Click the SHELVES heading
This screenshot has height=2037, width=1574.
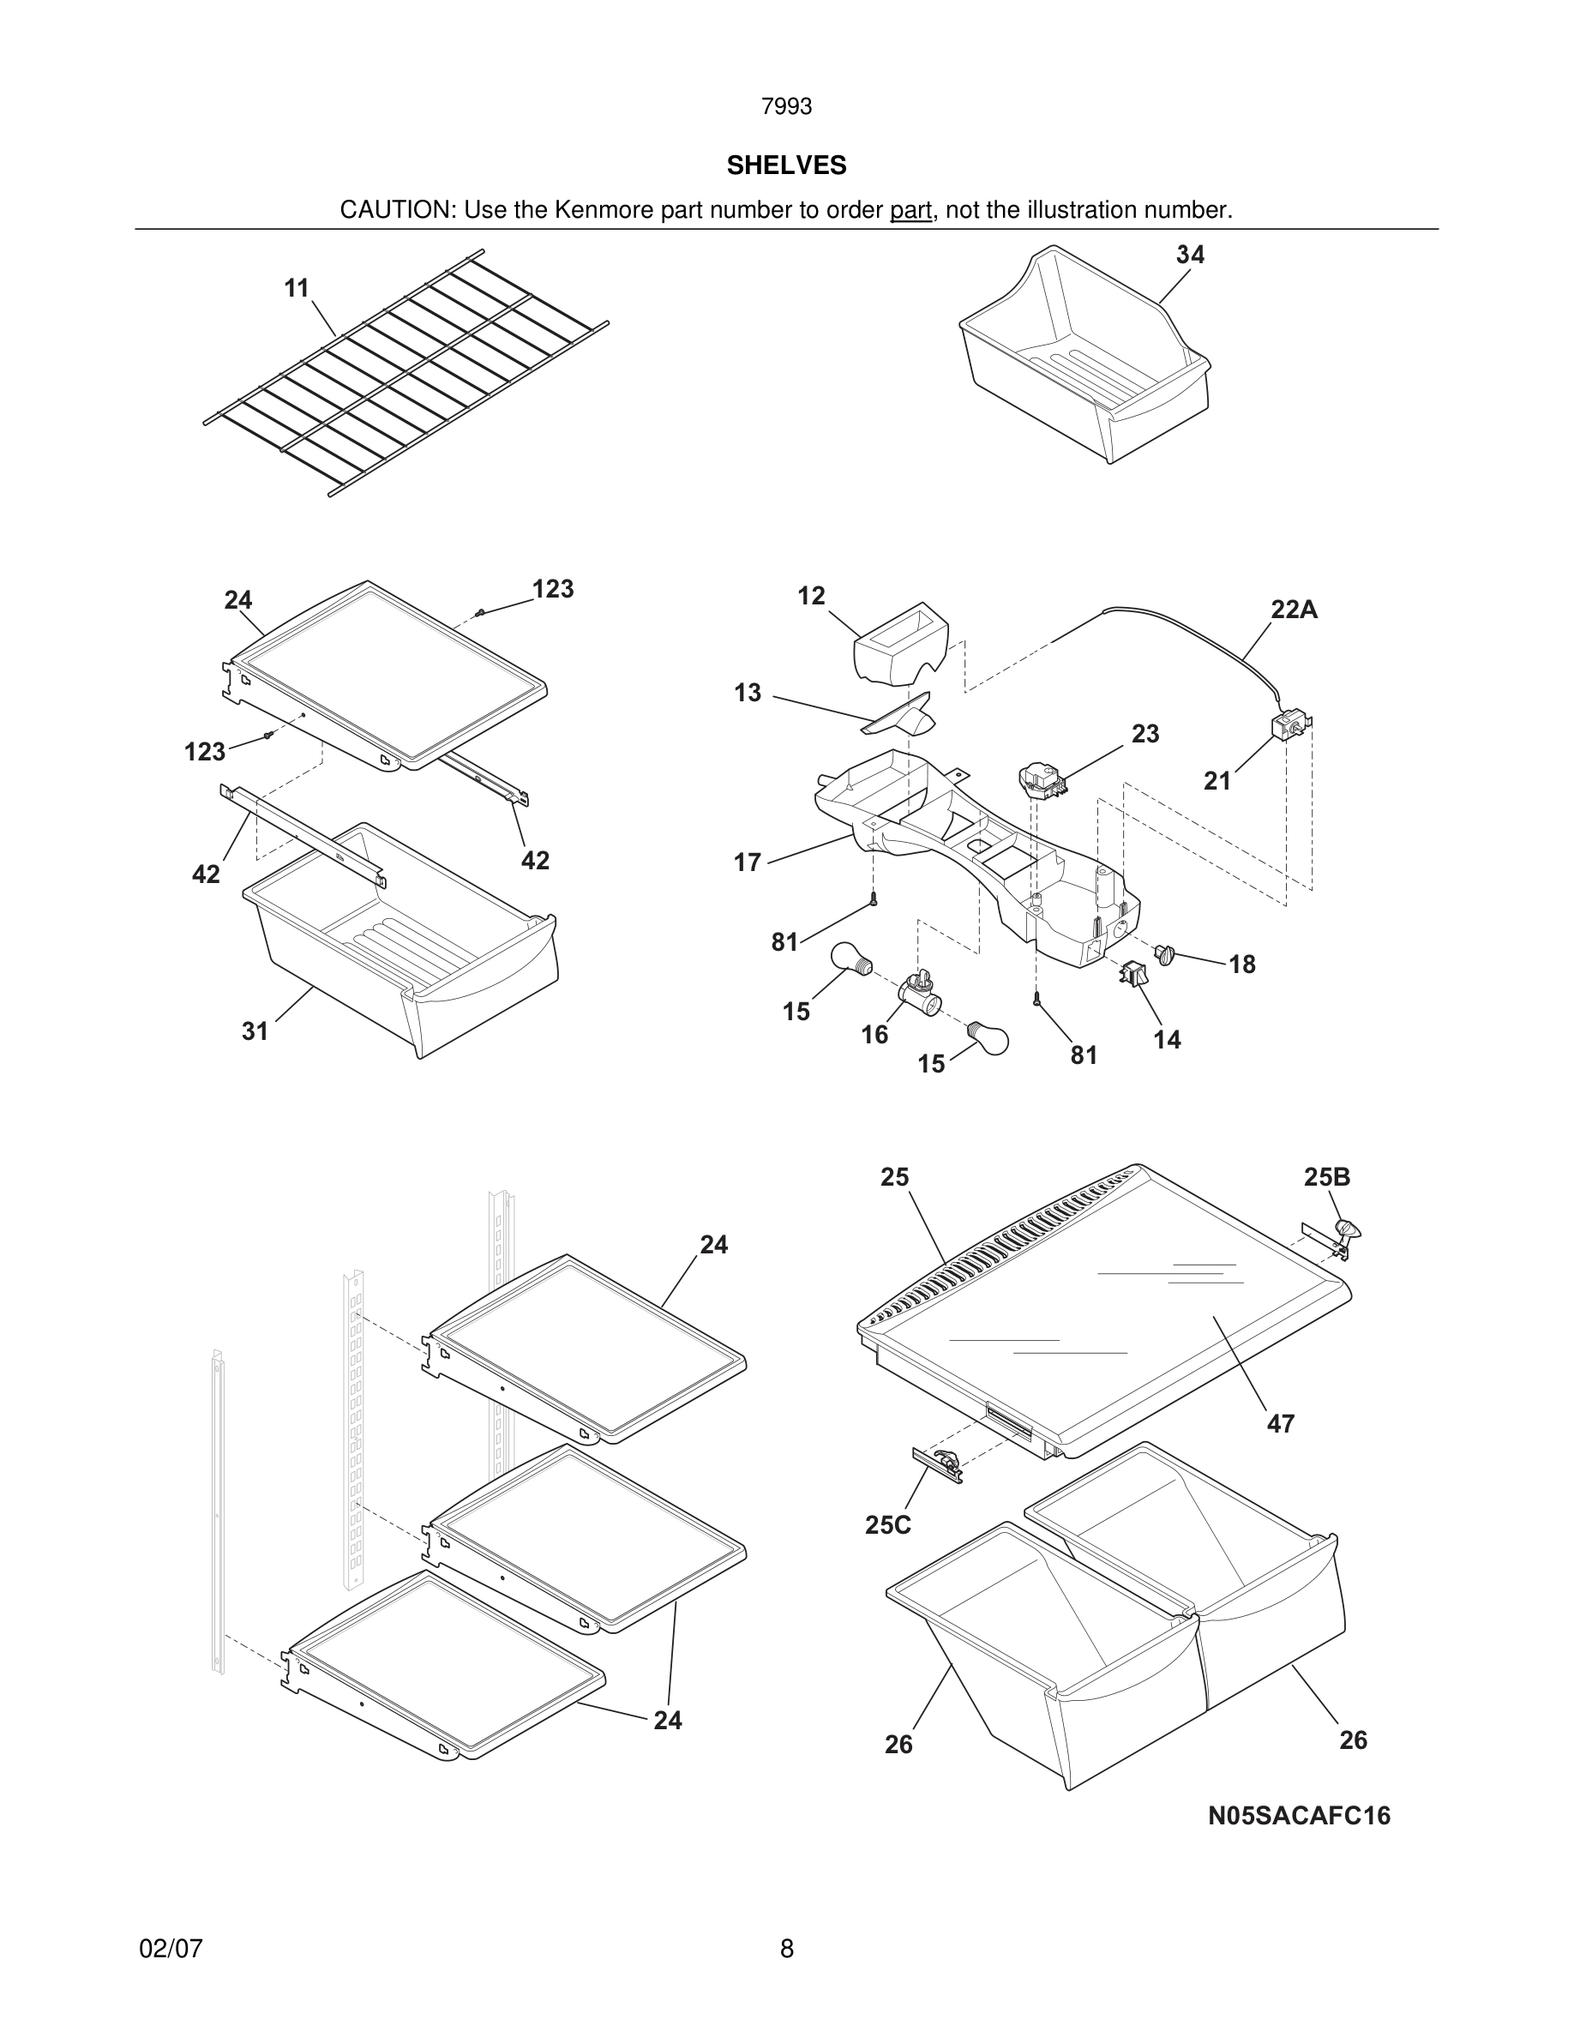pyautogui.click(x=786, y=165)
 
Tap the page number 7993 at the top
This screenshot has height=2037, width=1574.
pyautogui.click(x=786, y=107)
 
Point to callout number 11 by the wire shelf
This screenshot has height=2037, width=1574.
pyautogui.click(x=297, y=288)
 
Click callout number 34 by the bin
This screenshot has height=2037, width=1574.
pyautogui.click(x=1190, y=255)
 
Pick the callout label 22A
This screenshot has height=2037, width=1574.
pyautogui.click(x=1294, y=610)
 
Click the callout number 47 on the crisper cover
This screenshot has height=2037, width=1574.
pyautogui.click(x=1280, y=1423)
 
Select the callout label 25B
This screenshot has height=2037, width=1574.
pyautogui.click(x=1327, y=1177)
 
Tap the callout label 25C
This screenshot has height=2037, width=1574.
pyautogui.click(x=887, y=1525)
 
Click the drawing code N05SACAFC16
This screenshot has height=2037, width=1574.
pyautogui.click(x=1299, y=1816)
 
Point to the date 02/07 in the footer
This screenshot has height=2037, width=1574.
pyautogui.click(x=171, y=1949)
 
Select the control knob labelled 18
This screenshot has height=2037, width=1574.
pyautogui.click(x=1163, y=953)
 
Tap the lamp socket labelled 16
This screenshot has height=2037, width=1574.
pyautogui.click(x=918, y=993)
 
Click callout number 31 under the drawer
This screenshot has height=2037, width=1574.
pyautogui.click(x=255, y=1031)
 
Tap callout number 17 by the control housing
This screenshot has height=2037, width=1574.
pyautogui.click(x=747, y=862)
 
